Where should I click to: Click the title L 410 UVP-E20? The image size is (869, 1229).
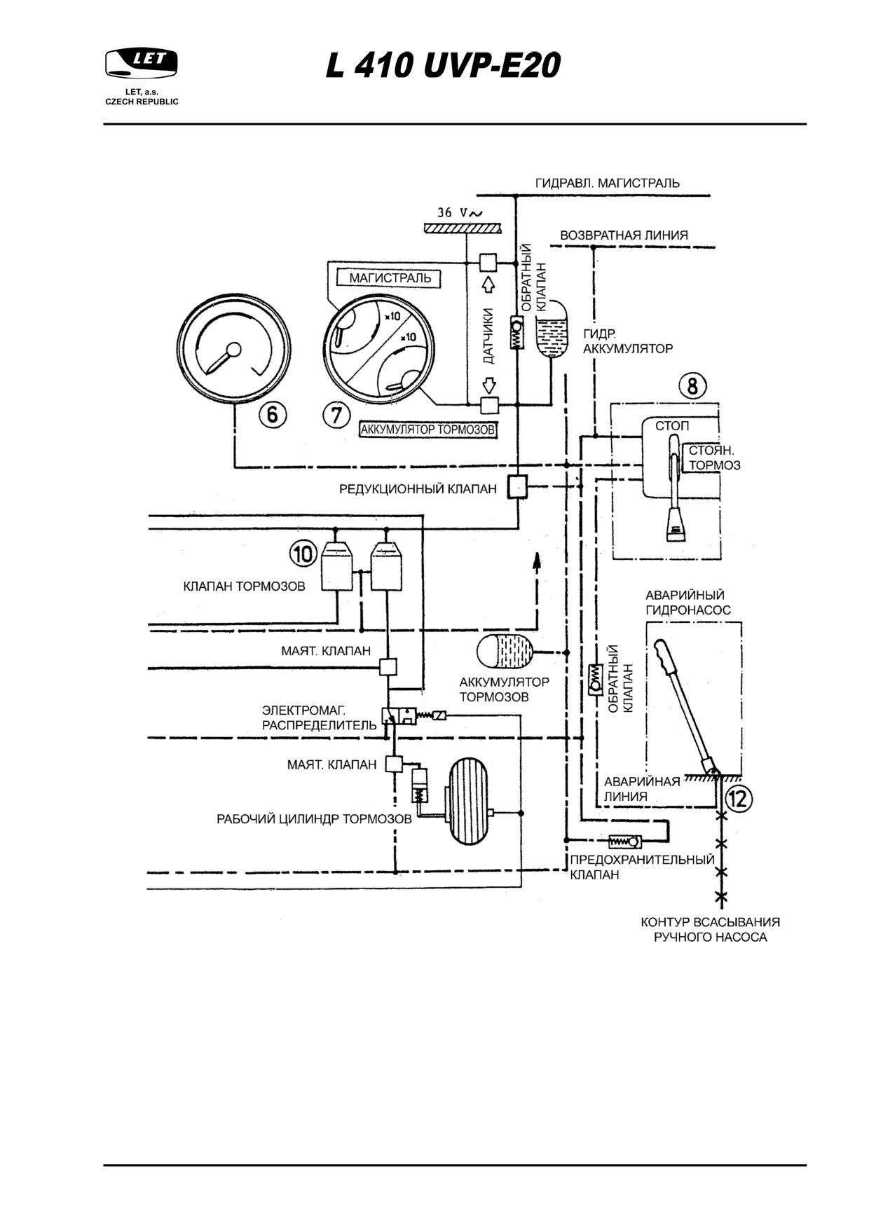[x=444, y=67]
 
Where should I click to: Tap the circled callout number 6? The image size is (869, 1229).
[x=273, y=415]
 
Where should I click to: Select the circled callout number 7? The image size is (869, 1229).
[x=336, y=415]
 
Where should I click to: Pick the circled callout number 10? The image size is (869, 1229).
[x=303, y=554]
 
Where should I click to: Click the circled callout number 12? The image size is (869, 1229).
[x=739, y=797]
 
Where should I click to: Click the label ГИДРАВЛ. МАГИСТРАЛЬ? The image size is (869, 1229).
[x=607, y=183]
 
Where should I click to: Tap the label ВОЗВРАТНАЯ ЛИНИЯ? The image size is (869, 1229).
[x=624, y=235]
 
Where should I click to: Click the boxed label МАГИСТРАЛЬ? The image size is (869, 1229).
[x=390, y=278]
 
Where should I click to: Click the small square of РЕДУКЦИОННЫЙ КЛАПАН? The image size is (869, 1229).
[x=517, y=486]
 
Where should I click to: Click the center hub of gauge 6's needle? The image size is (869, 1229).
[x=234, y=349]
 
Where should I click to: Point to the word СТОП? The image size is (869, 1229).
[x=672, y=426]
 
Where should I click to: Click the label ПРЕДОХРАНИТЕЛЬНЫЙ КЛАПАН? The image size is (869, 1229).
[x=642, y=867]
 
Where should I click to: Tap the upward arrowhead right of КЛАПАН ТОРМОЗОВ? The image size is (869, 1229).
[x=537, y=558]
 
